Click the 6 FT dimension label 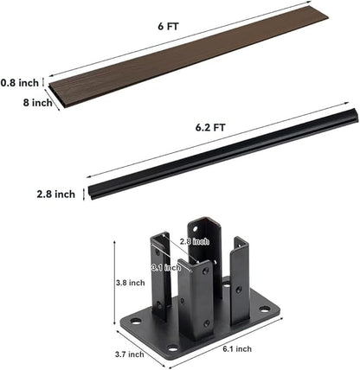click(x=168, y=26)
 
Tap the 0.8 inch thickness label click(x=20, y=83)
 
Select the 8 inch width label click(x=38, y=103)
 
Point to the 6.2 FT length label click(x=210, y=127)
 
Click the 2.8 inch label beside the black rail click(x=55, y=194)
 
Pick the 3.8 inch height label click(x=131, y=283)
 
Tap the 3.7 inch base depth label click(x=130, y=354)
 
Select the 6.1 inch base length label click(x=237, y=349)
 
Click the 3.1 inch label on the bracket click(x=166, y=267)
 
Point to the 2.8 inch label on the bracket click(x=195, y=241)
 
